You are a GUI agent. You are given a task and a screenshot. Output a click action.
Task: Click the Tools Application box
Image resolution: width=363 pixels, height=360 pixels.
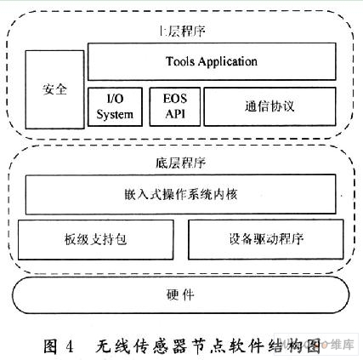212,61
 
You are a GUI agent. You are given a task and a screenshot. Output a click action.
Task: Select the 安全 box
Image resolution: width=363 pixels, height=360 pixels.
54,89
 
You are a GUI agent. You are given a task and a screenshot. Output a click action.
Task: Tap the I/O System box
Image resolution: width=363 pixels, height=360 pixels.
115,106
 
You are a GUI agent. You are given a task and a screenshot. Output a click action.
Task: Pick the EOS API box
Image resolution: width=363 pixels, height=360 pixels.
175,106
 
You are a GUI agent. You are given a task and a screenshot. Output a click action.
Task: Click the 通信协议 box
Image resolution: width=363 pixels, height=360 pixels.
269,106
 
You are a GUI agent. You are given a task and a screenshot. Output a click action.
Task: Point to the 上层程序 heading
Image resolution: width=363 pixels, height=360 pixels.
182,31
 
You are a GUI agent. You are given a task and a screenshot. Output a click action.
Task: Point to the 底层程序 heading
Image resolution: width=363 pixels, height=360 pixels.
180,163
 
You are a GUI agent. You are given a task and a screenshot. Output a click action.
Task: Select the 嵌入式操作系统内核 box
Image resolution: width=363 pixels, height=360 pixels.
180,194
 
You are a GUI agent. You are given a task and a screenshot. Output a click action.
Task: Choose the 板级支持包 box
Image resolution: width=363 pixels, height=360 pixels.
95,239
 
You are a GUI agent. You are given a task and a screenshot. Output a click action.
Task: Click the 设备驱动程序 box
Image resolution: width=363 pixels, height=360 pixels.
266,239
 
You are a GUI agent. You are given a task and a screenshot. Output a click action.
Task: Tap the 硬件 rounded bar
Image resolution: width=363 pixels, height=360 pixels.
180,295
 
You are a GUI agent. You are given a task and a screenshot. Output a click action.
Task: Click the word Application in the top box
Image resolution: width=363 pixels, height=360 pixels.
228,62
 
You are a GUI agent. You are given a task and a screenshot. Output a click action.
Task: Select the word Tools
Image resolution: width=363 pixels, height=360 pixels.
180,61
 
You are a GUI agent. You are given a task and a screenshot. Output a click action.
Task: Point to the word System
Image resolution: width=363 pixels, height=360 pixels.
115,115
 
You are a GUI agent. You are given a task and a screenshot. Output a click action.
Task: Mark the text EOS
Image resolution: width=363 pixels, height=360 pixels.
175,99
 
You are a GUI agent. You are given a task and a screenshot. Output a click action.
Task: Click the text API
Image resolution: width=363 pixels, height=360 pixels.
175,114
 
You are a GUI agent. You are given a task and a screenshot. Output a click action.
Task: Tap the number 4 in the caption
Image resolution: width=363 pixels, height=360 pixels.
70,346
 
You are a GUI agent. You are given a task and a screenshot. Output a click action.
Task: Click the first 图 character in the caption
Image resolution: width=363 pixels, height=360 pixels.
51,346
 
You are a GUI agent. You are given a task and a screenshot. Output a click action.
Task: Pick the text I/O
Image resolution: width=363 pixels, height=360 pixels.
115,99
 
